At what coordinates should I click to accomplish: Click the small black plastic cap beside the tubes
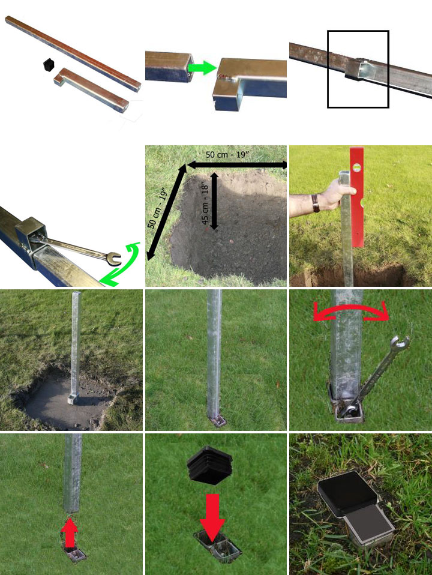tap(49, 65)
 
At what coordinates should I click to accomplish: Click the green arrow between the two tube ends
tap(202, 68)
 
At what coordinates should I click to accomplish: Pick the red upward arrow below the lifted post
tap(70, 532)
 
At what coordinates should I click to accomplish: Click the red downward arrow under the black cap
tap(212, 517)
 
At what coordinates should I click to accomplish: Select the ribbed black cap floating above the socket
tap(209, 463)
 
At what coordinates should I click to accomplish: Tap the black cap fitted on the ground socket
tap(347, 492)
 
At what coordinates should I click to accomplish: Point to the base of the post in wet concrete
tap(73, 399)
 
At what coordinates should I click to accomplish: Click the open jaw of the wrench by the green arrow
tap(115, 259)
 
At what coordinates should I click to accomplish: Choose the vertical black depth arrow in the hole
tap(215, 201)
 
